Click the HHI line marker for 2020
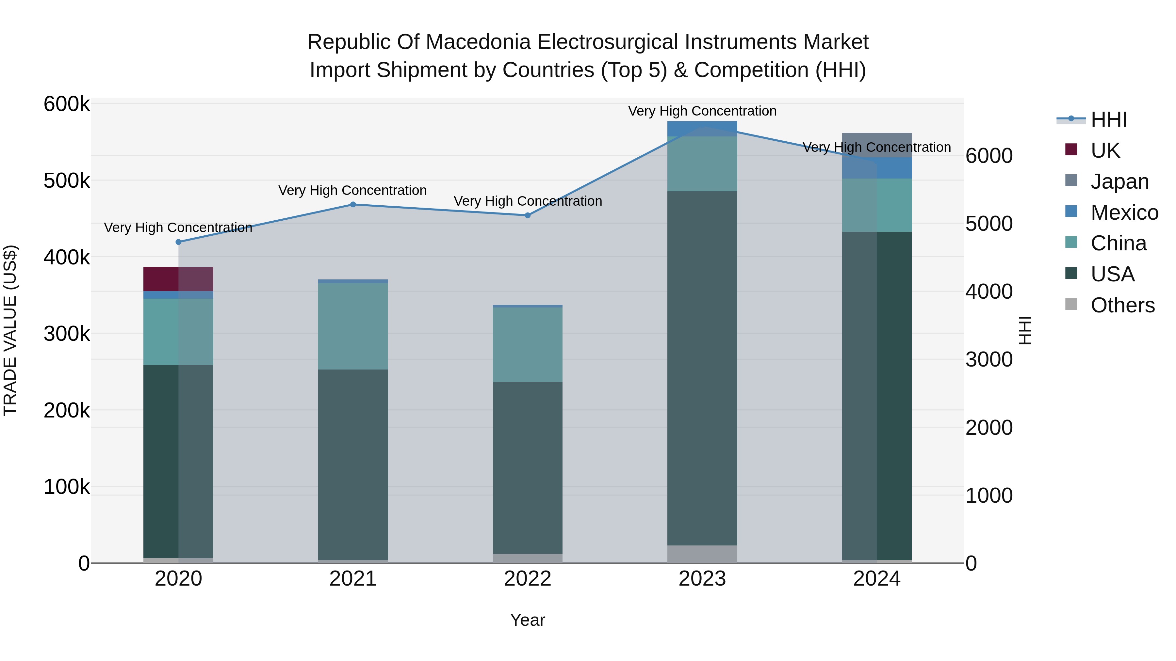pyautogui.click(x=178, y=242)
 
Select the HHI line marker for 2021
pyautogui.click(x=353, y=204)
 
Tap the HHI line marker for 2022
pyautogui.click(x=528, y=215)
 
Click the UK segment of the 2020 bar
pyautogui.click(x=178, y=279)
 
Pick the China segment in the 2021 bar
pyautogui.click(x=353, y=326)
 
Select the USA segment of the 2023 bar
pyautogui.click(x=702, y=368)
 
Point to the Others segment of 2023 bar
pyautogui.click(x=702, y=554)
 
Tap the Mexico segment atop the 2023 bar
pyautogui.click(x=702, y=128)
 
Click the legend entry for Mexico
pyautogui.click(x=1124, y=212)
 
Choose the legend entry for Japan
pyautogui.click(x=1119, y=181)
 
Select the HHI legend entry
pyautogui.click(x=1108, y=119)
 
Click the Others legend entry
pyautogui.click(x=1122, y=305)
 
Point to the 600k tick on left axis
pyautogui.click(x=67, y=104)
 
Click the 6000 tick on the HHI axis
pyautogui.click(x=989, y=156)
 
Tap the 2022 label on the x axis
pyautogui.click(x=528, y=579)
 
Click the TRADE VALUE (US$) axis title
pyautogui.click(x=10, y=330)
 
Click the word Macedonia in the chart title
pyautogui.click(x=479, y=42)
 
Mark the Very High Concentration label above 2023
pyautogui.click(x=702, y=111)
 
